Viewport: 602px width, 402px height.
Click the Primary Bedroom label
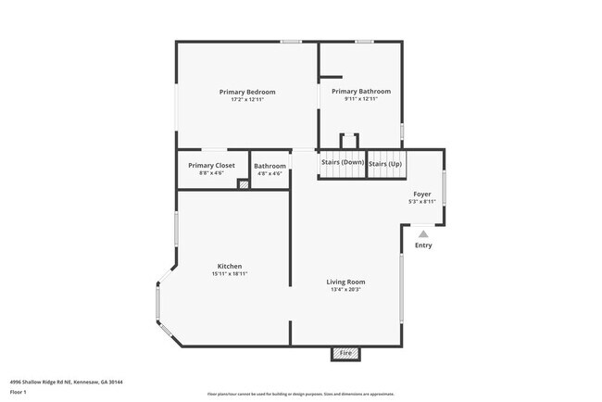[247, 92]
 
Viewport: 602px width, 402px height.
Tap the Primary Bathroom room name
[361, 92]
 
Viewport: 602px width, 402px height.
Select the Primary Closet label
[211, 165]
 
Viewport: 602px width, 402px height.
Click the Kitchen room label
[230, 266]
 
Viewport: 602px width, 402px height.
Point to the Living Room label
[345, 282]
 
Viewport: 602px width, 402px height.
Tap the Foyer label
[422, 194]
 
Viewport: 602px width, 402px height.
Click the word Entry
[423, 245]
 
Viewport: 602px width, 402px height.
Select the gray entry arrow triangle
[423, 234]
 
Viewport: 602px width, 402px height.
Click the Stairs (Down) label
[343, 163]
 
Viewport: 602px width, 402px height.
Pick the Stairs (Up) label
[385, 164]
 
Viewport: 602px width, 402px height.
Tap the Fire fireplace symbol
[345, 353]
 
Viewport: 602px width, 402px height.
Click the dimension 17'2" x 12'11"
[247, 100]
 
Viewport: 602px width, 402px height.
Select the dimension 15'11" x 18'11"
[230, 274]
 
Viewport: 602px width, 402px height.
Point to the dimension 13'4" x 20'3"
[345, 290]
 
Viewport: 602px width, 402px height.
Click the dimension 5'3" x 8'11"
[422, 202]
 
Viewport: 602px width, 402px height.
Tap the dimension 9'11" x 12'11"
[361, 100]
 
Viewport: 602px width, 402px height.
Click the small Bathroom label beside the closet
[270, 166]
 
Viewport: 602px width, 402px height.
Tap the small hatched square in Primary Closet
[244, 184]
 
